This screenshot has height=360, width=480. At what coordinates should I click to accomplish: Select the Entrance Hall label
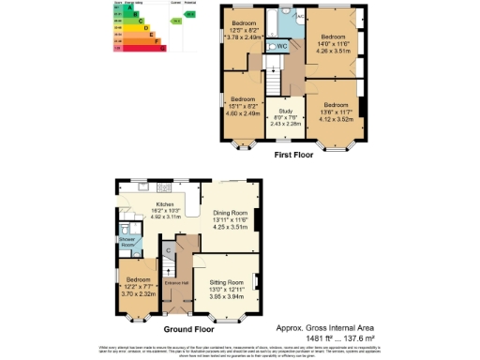click(x=176, y=281)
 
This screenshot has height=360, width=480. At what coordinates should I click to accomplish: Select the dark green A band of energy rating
click(x=127, y=7)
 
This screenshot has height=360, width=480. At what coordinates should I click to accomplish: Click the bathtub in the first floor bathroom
click(x=289, y=21)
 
